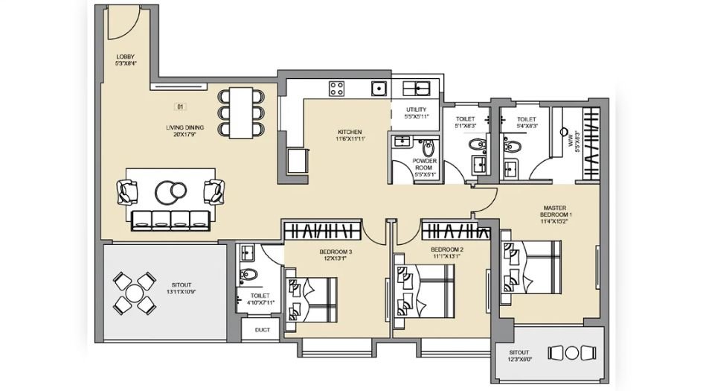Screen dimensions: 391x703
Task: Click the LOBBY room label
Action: click(x=125, y=60)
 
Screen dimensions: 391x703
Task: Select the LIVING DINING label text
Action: click(x=184, y=131)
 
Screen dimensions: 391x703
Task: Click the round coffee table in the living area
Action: click(x=171, y=192)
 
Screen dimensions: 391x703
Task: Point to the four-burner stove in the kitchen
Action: click(x=336, y=89)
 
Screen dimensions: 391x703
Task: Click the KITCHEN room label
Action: click(x=348, y=135)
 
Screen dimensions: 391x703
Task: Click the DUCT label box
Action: click(x=262, y=328)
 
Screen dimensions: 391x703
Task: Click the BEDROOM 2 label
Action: click(x=447, y=252)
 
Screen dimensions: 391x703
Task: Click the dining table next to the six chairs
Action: click(x=240, y=112)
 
